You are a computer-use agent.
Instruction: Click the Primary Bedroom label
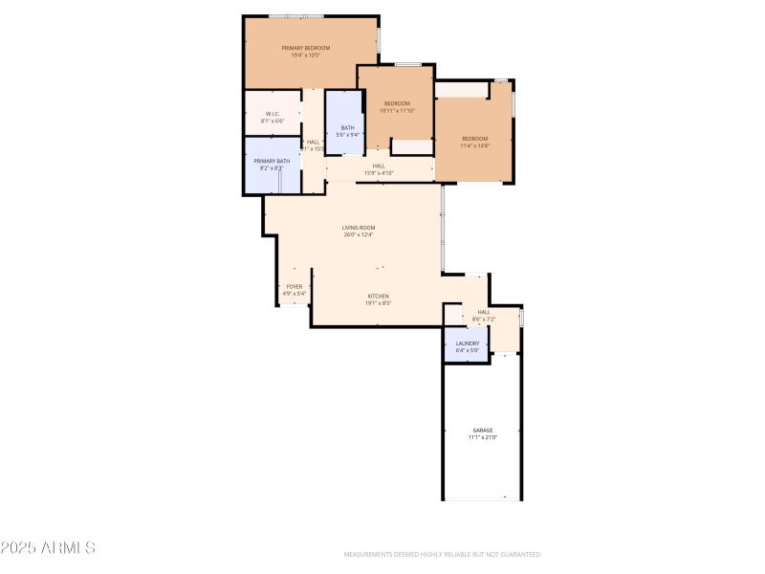(305, 48)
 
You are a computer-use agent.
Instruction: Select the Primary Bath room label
(272, 161)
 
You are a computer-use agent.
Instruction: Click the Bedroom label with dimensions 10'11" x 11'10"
(397, 103)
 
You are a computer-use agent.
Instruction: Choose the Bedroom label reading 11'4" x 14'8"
(474, 139)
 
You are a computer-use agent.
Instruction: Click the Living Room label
(359, 228)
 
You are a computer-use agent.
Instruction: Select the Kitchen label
(379, 297)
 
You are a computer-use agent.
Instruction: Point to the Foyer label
(295, 287)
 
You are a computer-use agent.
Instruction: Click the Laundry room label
(467, 343)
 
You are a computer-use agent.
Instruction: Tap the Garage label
(483, 430)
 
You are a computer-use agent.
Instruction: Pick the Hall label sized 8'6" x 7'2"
(483, 312)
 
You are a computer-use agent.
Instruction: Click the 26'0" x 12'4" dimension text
(359, 234)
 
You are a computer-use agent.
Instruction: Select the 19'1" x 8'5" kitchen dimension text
(379, 303)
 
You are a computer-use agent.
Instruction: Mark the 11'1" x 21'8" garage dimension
(483, 437)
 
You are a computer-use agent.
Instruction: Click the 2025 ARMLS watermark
(48, 548)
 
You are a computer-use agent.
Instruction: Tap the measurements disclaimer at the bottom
(443, 554)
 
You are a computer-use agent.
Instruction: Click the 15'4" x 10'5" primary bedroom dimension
(305, 55)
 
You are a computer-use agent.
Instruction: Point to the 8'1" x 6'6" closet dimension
(273, 121)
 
